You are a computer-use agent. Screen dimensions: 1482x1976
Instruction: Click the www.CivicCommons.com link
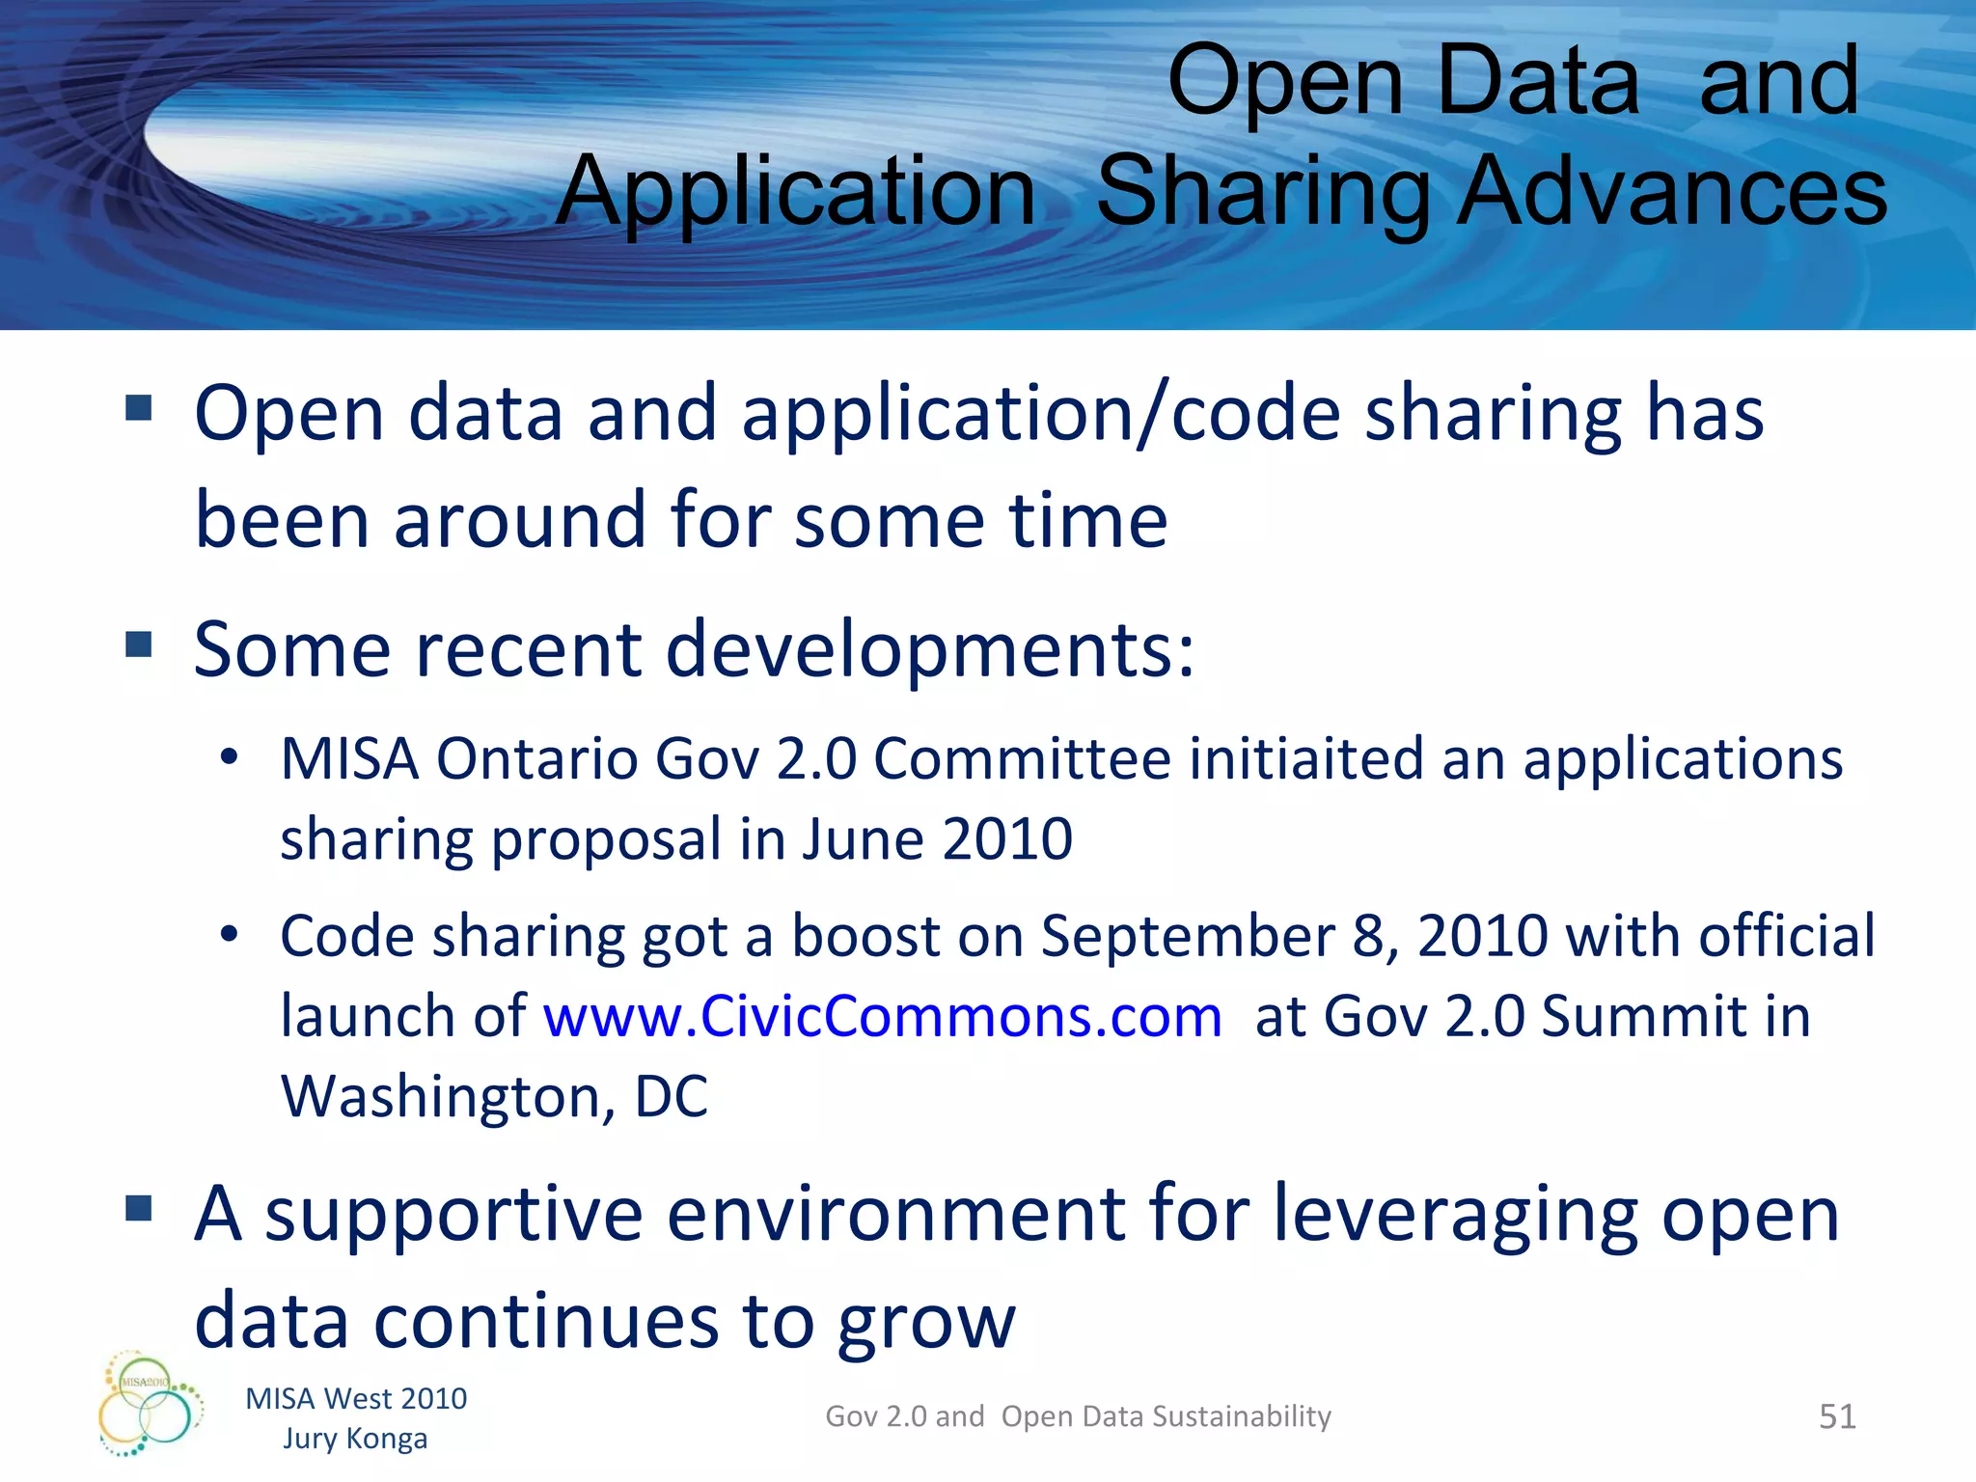pos(882,1017)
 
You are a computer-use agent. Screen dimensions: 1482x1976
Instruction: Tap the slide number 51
pos(1837,1416)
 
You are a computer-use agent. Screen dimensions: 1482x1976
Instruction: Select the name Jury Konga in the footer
pos(355,1439)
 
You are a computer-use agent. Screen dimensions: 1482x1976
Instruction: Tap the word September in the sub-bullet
pos(1188,936)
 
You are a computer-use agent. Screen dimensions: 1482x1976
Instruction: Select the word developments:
pos(930,649)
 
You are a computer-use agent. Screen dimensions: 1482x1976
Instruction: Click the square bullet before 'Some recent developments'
pos(139,644)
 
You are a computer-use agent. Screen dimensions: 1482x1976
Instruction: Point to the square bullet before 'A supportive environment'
pos(139,1208)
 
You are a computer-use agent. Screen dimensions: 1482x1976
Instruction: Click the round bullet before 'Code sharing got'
pos(229,935)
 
